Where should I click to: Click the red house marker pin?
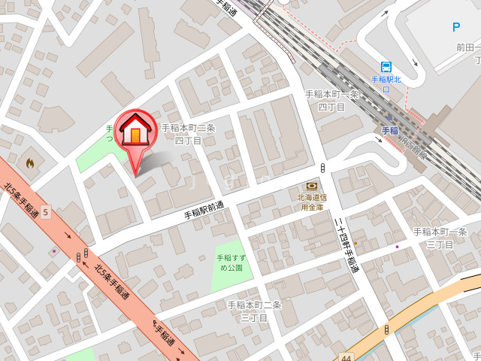pos(135,134)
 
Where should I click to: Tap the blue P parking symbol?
pos(455,27)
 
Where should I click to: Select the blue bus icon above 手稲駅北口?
pos(386,67)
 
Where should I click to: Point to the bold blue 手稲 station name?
pos(389,130)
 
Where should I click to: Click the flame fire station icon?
pos(30,162)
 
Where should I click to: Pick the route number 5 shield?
pos(45,212)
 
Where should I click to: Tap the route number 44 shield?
pos(345,356)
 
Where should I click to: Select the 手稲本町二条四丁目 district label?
pos(188,134)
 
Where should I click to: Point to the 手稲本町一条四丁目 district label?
pos(331,101)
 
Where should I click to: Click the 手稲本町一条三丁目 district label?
pos(440,238)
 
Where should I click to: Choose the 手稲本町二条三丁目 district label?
pos(254,311)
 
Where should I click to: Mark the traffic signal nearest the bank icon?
pos(322,167)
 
